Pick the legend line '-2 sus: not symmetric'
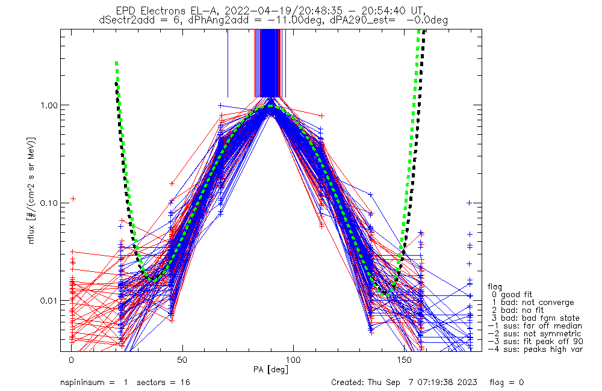[x=535, y=333]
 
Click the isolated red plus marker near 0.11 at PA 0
[x=73, y=198]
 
